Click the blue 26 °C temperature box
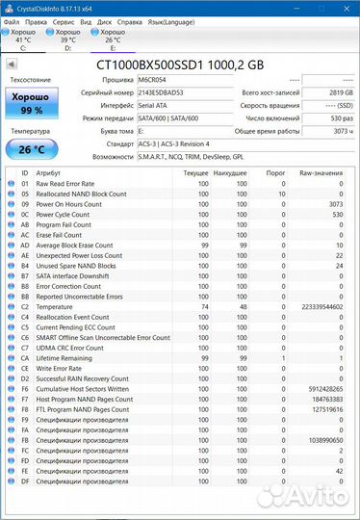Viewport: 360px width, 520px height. tap(31, 148)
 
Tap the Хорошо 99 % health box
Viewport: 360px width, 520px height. tap(31, 104)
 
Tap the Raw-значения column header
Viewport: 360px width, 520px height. tap(321, 173)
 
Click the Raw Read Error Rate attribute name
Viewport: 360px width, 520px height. tap(65, 183)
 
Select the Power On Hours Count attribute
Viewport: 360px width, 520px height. tap(69, 204)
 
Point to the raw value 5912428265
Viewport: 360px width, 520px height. tap(324, 389)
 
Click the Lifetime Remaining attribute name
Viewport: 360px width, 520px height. tap(65, 357)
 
